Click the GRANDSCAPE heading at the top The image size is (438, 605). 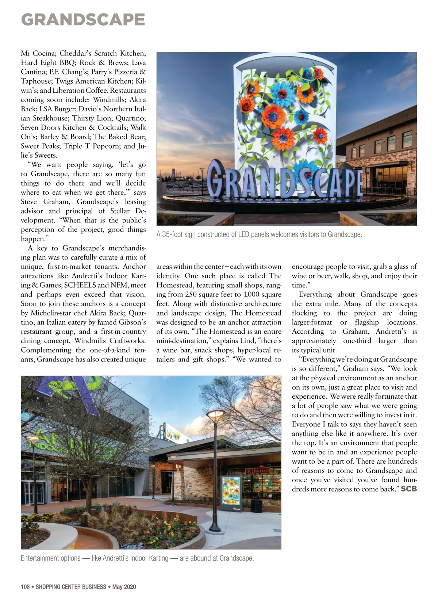pyautogui.click(x=83, y=19)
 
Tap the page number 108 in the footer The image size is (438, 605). pyautogui.click(x=25, y=587)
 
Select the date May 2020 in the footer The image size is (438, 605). pyautogui.click(x=124, y=587)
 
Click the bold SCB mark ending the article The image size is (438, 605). pyautogui.click(x=409, y=489)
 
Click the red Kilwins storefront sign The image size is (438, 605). pyautogui.click(x=258, y=471)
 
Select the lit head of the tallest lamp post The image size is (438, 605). pyautogui.click(x=215, y=414)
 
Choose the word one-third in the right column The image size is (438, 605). pyautogui.click(x=357, y=341)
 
